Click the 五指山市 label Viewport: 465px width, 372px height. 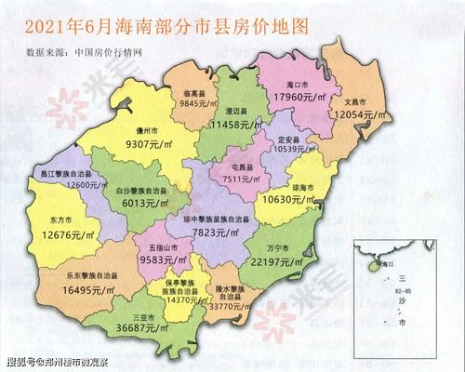pyautogui.click(x=160, y=250)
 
